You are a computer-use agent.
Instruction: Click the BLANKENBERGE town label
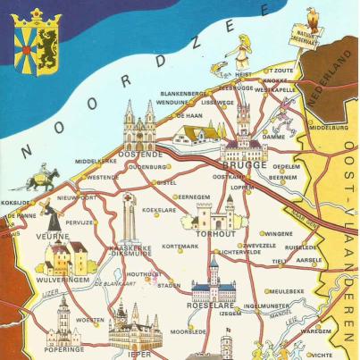[x=183, y=92]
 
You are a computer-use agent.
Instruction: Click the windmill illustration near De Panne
[x=51, y=217]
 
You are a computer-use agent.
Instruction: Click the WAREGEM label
[x=314, y=331]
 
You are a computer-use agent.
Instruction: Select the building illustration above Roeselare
[x=213, y=283]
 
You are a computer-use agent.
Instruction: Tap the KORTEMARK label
[x=179, y=246]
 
